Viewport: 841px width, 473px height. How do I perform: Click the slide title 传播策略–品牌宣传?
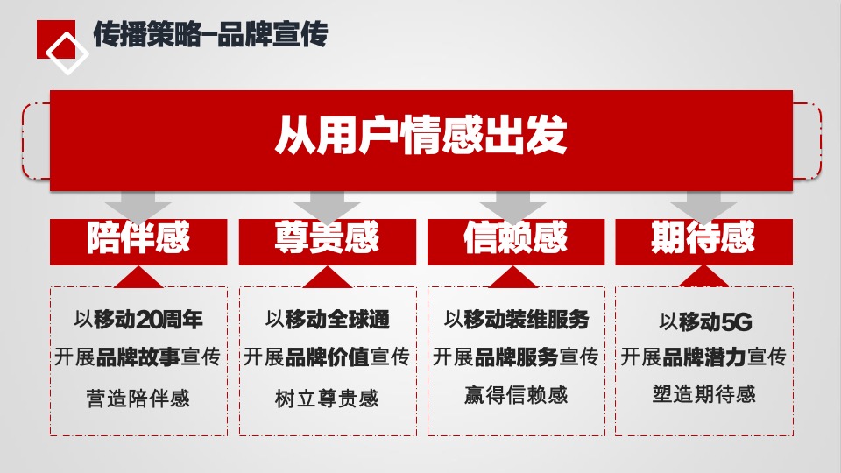pos(209,36)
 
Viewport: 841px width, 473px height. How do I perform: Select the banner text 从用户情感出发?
pos(420,138)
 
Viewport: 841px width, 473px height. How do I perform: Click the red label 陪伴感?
pos(138,239)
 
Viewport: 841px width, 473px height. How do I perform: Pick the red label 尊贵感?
pos(327,239)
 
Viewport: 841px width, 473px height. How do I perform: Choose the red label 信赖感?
pos(515,239)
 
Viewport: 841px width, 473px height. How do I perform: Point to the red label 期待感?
pos(703,239)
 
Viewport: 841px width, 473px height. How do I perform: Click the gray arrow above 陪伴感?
pos(138,207)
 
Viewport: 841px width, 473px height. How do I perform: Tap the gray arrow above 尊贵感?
pos(327,207)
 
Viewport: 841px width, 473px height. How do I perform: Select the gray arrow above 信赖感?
pos(515,207)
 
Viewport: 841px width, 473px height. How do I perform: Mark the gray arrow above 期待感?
pos(703,207)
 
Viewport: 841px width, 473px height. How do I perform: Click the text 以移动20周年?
pos(138,319)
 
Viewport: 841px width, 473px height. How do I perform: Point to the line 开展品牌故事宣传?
pos(138,357)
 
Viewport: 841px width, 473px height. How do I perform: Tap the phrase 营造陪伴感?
pos(138,399)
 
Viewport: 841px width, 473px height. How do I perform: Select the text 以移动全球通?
pos(327,319)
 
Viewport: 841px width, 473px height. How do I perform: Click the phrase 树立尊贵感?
pos(327,399)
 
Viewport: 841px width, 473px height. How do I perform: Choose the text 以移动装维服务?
pos(516,319)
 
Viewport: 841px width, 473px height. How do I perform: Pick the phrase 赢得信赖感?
pos(516,395)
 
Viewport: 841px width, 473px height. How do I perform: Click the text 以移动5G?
pos(705,322)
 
